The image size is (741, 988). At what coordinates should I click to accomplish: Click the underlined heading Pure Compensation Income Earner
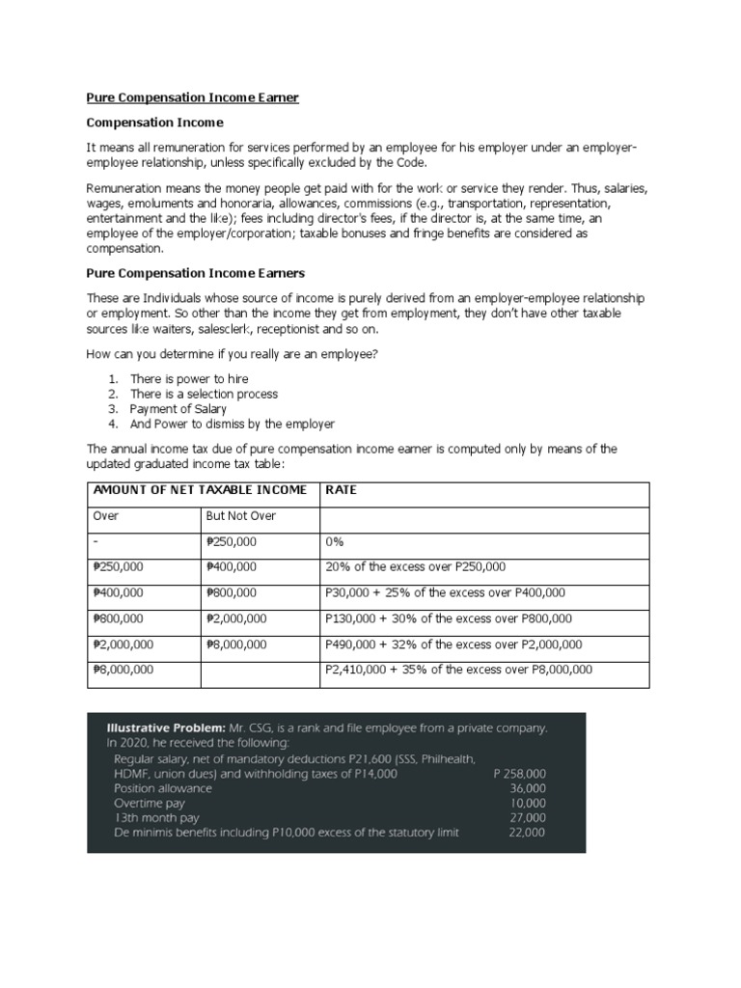pos(193,97)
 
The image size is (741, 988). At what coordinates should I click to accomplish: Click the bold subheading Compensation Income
pos(154,123)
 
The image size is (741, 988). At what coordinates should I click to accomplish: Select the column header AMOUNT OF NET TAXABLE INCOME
pos(200,490)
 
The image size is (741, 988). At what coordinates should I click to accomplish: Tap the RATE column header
pos(342,490)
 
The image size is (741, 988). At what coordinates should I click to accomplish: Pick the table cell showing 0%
pos(336,542)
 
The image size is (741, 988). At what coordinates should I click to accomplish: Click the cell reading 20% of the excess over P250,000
pos(416,567)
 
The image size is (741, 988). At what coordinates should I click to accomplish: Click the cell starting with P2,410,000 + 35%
pos(459,670)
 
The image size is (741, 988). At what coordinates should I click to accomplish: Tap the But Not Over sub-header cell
pos(241,516)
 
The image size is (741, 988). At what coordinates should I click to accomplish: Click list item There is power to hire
pos(190,379)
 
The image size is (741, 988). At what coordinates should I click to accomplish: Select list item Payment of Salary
pos(178,409)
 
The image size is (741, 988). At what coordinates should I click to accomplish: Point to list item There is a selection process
pos(204,394)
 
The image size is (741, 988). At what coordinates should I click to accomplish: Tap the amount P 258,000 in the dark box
pos(519,774)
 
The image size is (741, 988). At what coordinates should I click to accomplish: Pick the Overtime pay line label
pos(150,803)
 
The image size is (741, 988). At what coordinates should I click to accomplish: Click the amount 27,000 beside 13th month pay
pos(528,817)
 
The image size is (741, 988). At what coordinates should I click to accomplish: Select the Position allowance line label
pos(163,788)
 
